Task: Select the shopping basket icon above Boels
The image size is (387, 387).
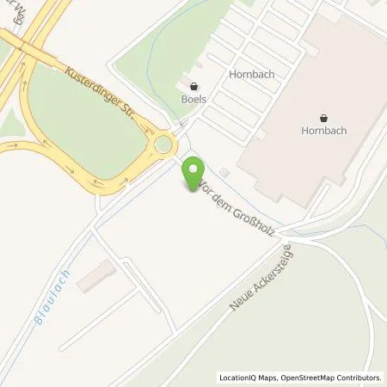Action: pyautogui.click(x=193, y=86)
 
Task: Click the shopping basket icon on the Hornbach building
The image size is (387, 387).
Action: pyautogui.click(x=324, y=118)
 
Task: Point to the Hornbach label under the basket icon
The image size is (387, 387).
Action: pyautogui.click(x=324, y=132)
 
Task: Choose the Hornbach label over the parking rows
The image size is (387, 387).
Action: pyautogui.click(x=251, y=74)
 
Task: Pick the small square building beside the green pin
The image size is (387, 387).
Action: pyautogui.click(x=224, y=171)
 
